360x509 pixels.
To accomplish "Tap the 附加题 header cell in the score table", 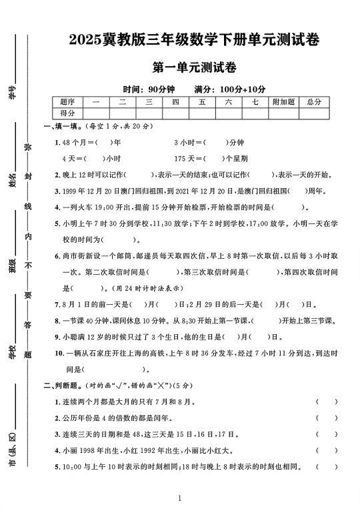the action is coord(283,101).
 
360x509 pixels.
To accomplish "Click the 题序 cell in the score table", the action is coord(67,101).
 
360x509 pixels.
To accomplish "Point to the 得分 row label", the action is coord(67,113).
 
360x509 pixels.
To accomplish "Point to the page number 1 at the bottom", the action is coord(180,498).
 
